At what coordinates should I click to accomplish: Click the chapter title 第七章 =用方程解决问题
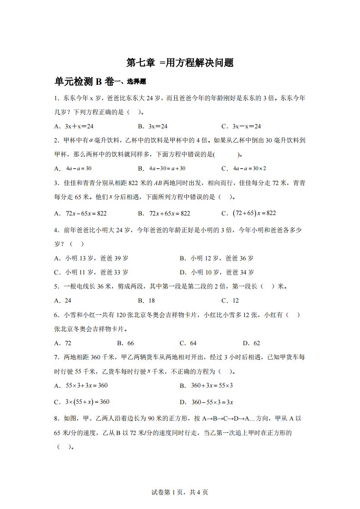pyautogui.click(x=180, y=63)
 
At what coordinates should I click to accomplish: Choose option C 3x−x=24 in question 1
pyautogui.click(x=241, y=127)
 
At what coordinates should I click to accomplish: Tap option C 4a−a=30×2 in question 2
pyautogui.click(x=244, y=168)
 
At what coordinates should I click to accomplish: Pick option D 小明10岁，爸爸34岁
pyautogui.click(x=217, y=272)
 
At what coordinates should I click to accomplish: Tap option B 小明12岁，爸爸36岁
pyautogui.click(x=217, y=258)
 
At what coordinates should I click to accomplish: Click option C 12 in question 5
pyautogui.click(x=230, y=300)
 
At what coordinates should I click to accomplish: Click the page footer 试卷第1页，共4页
pyautogui.click(x=180, y=492)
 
